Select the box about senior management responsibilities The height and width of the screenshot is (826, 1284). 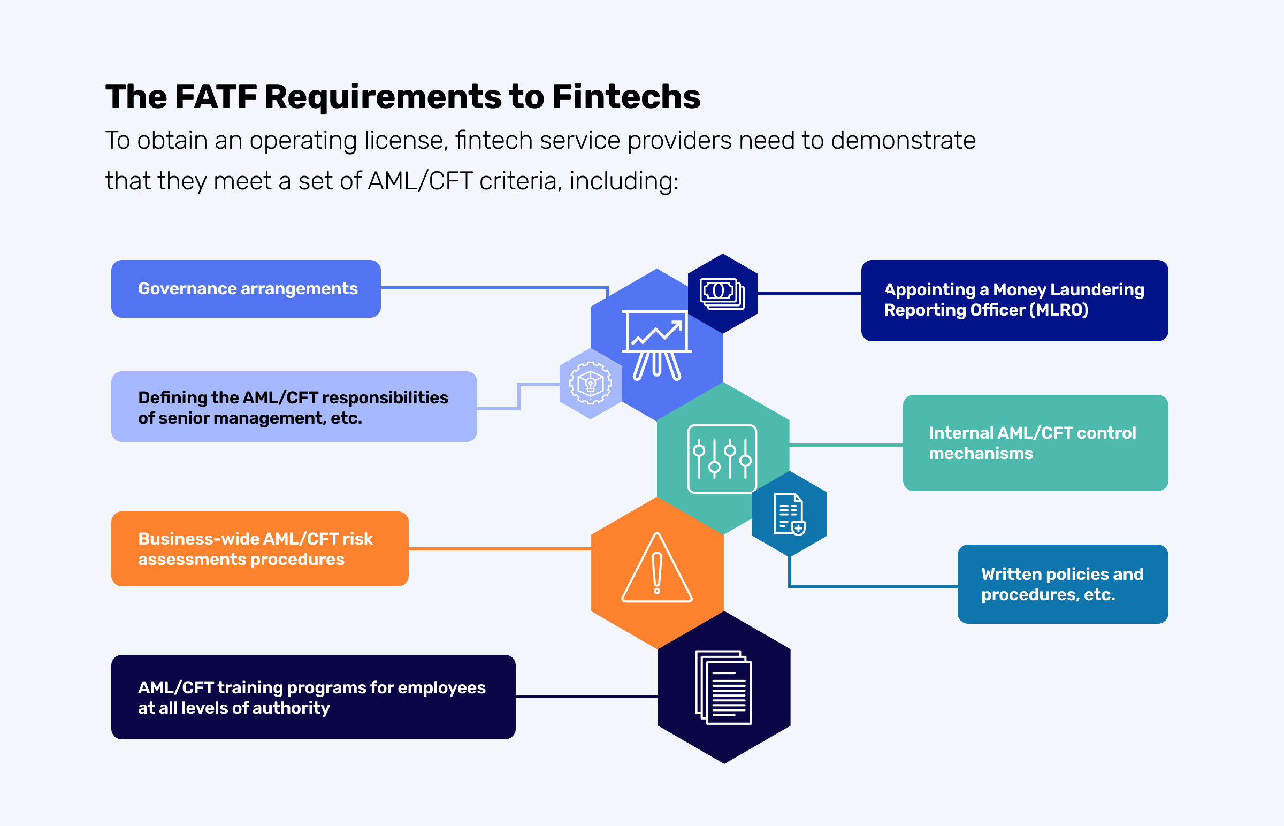(x=294, y=407)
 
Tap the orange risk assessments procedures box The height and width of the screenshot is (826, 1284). (x=259, y=549)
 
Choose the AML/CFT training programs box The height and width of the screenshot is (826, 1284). (x=313, y=697)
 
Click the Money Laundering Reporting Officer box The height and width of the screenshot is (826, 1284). (x=1014, y=300)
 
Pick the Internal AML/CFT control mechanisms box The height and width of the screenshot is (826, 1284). (x=1035, y=443)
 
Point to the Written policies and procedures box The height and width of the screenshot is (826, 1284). (x=1063, y=584)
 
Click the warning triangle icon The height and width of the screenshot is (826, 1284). (x=657, y=569)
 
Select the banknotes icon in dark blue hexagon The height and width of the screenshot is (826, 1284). (x=722, y=293)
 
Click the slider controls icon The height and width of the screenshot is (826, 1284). (x=722, y=459)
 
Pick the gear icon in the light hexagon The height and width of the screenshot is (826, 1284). (x=590, y=383)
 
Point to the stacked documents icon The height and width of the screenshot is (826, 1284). (x=723, y=687)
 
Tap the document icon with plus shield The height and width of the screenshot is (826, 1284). (x=789, y=514)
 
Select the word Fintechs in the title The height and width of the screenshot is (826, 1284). (x=626, y=97)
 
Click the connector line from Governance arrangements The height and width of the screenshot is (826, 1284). (x=493, y=288)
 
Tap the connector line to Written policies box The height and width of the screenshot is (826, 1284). (x=874, y=586)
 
